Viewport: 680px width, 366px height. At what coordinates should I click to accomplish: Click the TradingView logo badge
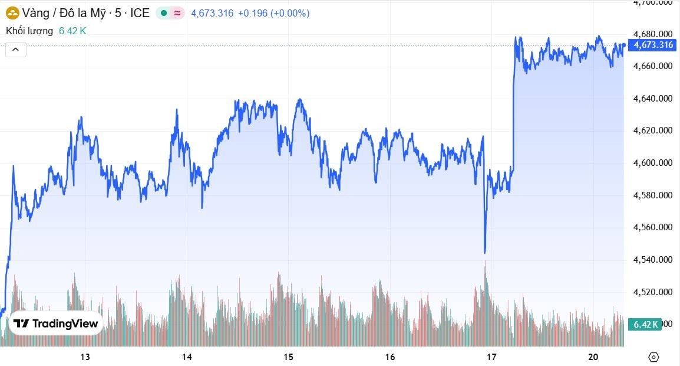(56, 323)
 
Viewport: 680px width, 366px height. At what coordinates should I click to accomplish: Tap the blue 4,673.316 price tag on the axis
(652, 45)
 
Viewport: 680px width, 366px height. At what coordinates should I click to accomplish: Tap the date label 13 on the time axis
(85, 357)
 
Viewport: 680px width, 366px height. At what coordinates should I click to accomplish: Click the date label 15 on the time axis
(288, 357)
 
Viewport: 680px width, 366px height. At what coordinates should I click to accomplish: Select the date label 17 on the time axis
(491, 357)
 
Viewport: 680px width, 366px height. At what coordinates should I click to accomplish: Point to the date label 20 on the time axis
(593, 357)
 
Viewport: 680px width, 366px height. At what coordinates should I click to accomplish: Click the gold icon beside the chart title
(12, 13)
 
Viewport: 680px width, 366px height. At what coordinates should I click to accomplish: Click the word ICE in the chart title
(140, 13)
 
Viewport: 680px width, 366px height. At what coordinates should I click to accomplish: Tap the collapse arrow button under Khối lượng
(16, 50)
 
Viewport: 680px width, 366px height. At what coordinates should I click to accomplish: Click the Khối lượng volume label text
(29, 31)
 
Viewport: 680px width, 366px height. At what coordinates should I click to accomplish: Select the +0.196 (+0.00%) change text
(273, 13)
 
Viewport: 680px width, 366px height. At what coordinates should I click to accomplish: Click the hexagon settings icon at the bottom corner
(653, 357)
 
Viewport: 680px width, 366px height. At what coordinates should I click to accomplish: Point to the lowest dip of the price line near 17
(485, 253)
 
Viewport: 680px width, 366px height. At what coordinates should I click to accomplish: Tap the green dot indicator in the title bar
(163, 13)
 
